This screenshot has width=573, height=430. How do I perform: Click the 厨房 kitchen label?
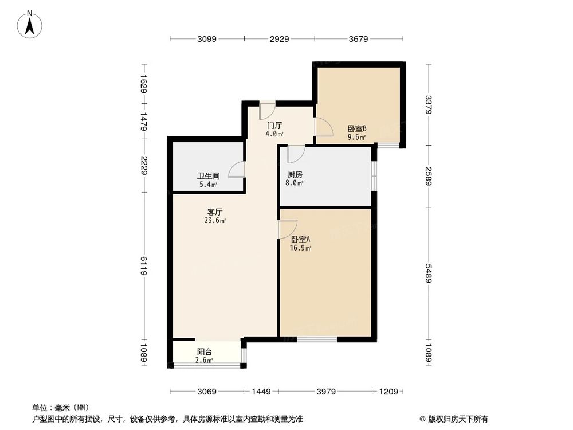[x=295, y=175]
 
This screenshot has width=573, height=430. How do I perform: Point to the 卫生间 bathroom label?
[x=208, y=177]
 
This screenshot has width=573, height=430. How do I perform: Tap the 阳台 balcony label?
[x=205, y=352]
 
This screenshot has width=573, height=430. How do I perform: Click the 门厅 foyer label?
[x=274, y=126]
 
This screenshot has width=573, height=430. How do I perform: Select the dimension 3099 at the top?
[x=207, y=39]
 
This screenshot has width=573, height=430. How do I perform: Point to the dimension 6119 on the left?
[x=144, y=267]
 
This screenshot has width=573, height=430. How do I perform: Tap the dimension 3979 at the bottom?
[x=325, y=392]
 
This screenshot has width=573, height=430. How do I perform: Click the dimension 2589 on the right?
[x=429, y=175]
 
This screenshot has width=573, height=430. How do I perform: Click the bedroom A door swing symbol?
[x=287, y=229]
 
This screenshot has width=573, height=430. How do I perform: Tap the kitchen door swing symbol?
[x=296, y=154]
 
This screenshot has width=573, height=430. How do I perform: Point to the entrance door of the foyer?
[x=267, y=111]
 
